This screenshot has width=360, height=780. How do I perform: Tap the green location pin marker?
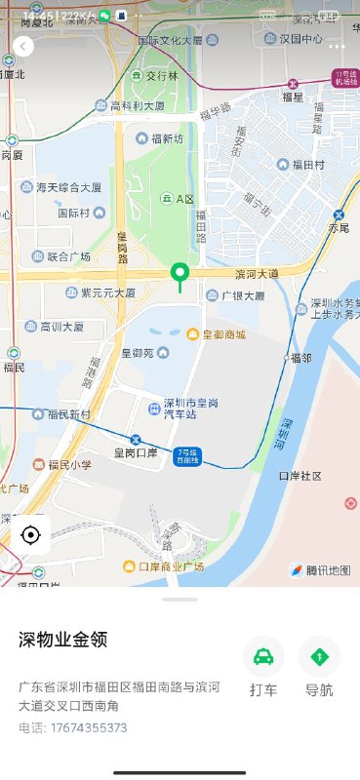pos(179,274)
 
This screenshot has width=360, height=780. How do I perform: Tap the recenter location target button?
pos(30,535)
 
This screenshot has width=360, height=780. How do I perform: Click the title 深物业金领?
pos(63,640)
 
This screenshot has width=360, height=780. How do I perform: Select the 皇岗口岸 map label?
pos(135,452)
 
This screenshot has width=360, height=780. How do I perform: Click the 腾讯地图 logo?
pos(320,569)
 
